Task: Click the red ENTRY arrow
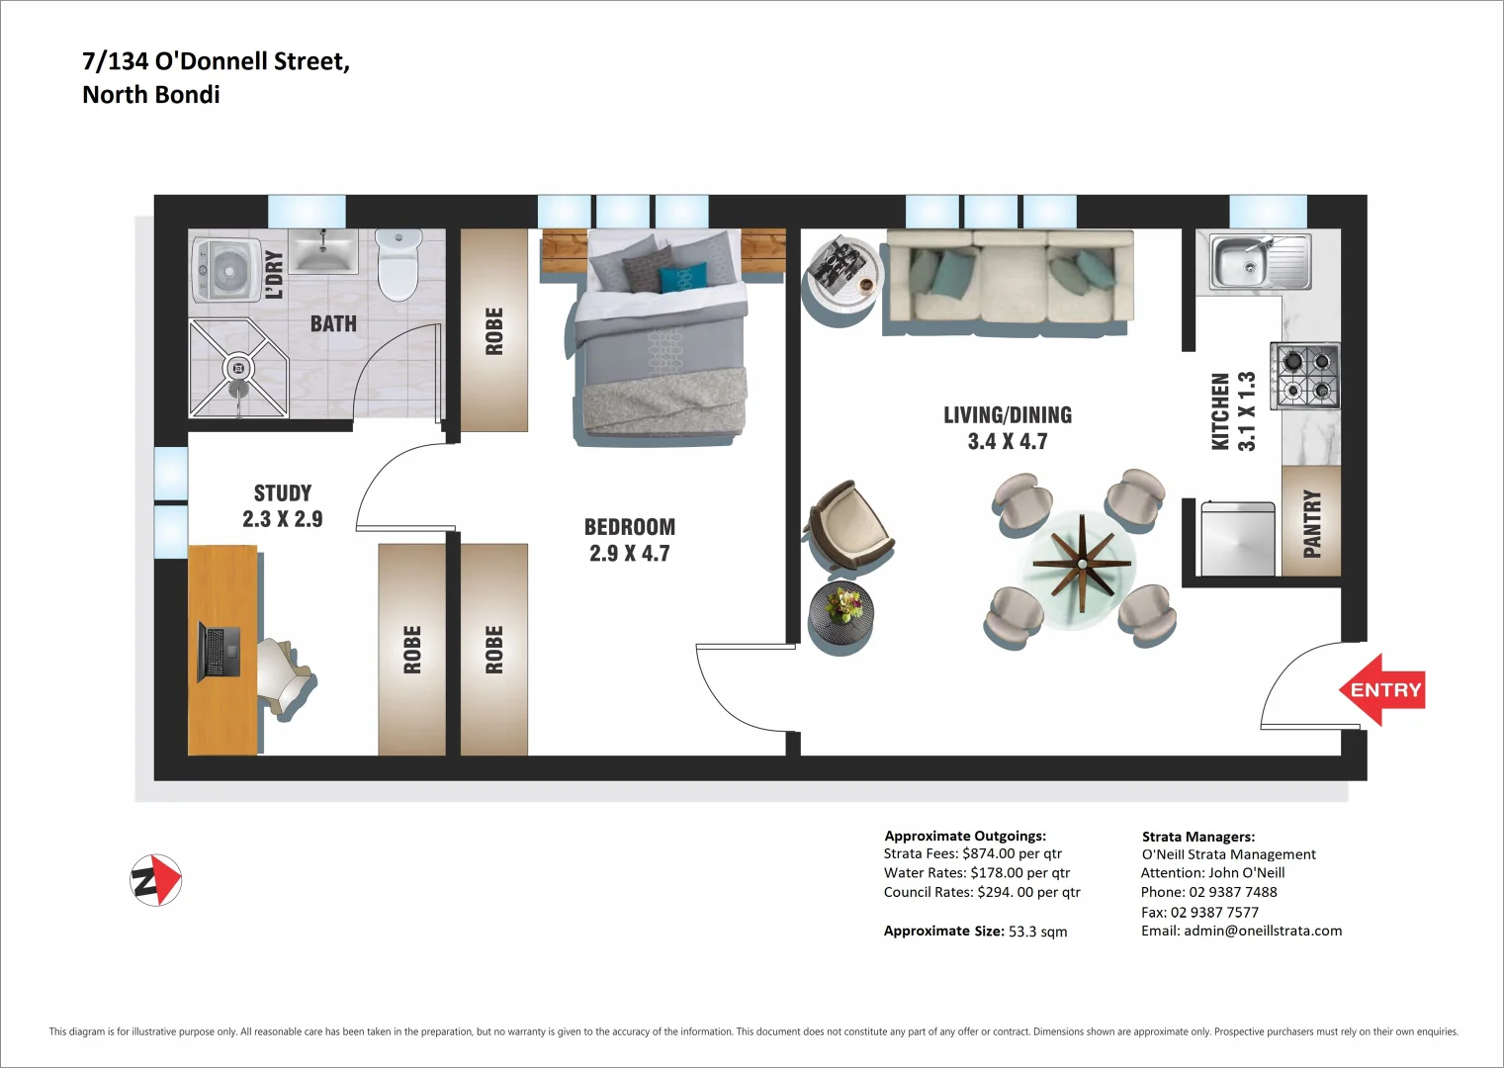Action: tap(1382, 690)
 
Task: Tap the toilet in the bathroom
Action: tap(398, 264)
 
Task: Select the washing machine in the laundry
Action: tap(226, 268)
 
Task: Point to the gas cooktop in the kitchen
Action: tap(1305, 376)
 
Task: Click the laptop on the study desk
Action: tap(220, 652)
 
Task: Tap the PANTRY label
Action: tap(1311, 523)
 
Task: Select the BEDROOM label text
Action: tap(630, 527)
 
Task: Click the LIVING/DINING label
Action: tap(1007, 415)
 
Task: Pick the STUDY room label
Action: tap(283, 493)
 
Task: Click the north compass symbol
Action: tap(156, 880)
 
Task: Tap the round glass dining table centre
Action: tap(1082, 564)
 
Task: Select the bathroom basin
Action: tap(322, 251)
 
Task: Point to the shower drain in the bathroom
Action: tap(237, 369)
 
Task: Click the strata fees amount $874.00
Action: tap(988, 853)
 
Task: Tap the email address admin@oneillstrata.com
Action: tap(1263, 931)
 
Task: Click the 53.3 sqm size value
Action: tap(1037, 932)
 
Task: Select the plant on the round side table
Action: tap(843, 602)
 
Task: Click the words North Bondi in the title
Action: tap(151, 95)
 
